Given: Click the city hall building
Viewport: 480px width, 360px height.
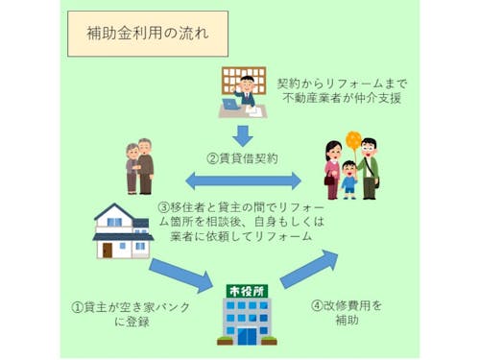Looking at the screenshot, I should (239, 313).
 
